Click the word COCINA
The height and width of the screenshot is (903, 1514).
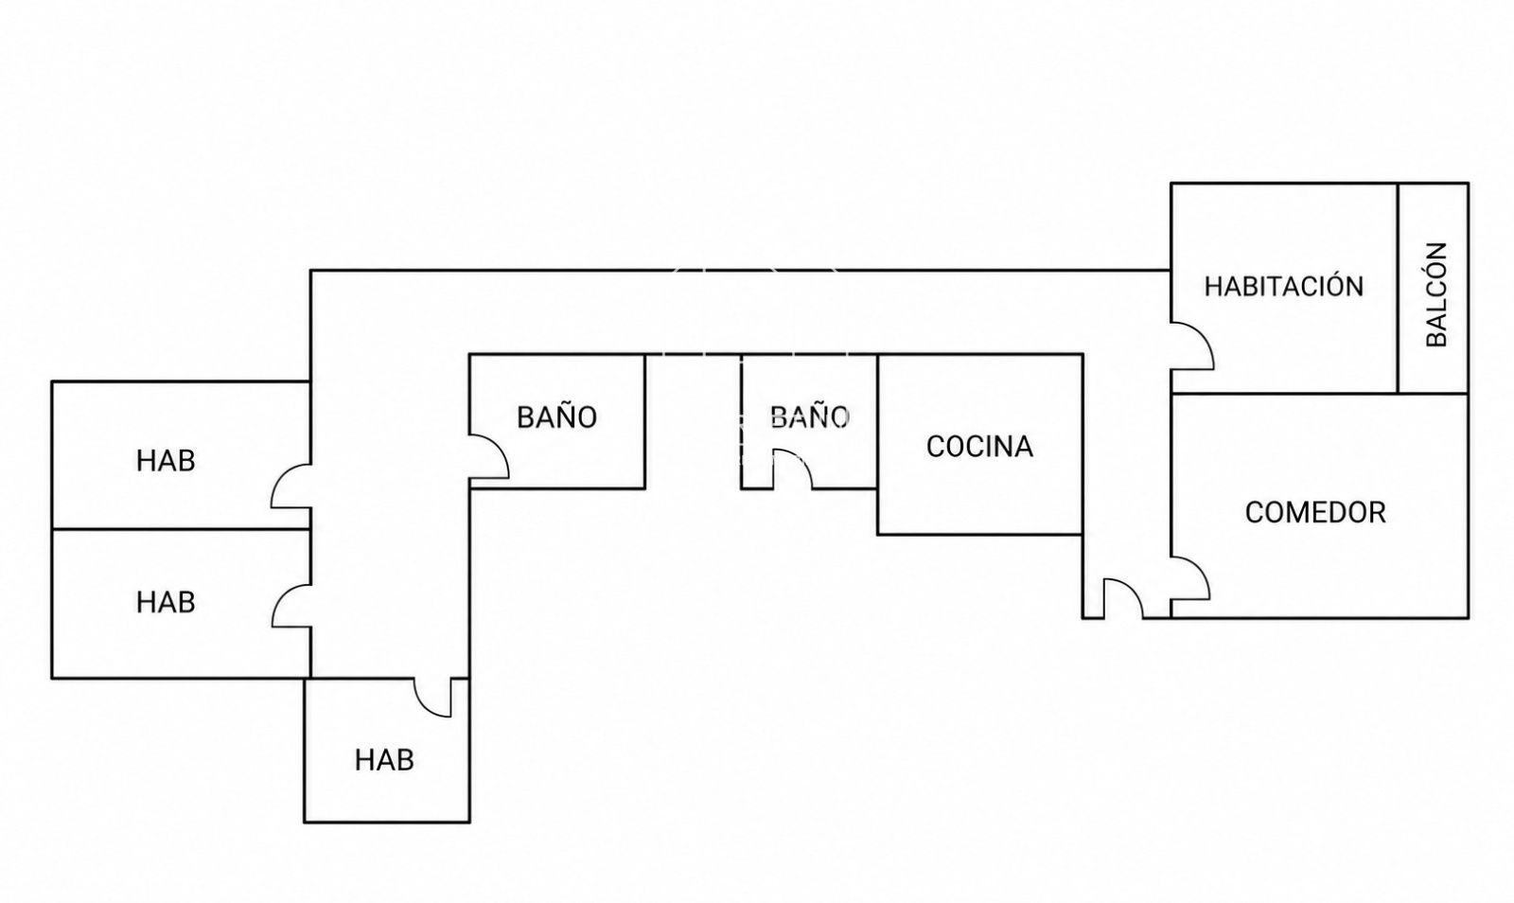point(979,447)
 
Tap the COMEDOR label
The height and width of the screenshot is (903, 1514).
point(1315,513)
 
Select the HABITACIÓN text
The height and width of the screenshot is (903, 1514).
point(1283,286)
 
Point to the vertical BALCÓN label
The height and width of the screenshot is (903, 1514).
point(1437,294)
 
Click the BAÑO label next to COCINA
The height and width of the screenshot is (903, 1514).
point(809,417)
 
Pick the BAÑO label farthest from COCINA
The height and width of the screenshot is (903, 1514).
point(557,417)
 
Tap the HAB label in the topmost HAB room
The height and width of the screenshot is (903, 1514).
point(166,461)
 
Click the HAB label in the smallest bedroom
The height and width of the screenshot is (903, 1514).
point(384,760)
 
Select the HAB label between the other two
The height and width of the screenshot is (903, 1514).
point(166,602)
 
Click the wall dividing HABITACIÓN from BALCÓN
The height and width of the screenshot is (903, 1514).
point(1398,288)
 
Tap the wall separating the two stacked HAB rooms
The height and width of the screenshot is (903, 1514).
point(181,529)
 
